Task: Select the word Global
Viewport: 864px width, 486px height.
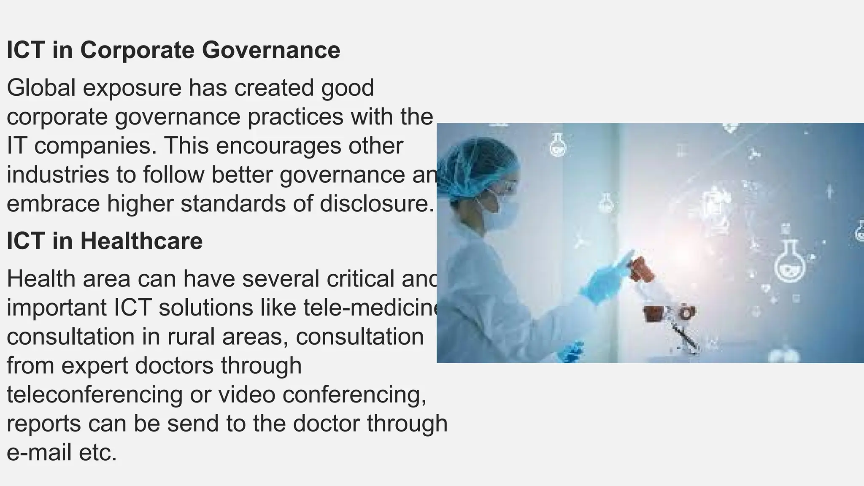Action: click(41, 88)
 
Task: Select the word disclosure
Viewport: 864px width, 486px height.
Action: click(376, 203)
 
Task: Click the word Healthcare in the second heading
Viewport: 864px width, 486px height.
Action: click(141, 241)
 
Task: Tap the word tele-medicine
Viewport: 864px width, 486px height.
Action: click(371, 308)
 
